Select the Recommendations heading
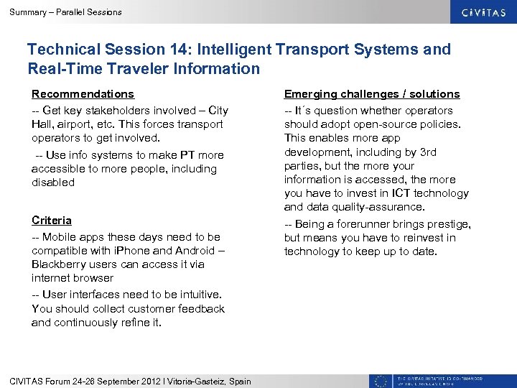click(x=83, y=94)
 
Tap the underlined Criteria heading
click(x=52, y=220)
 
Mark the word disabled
click(x=53, y=183)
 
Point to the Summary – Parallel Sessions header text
click(x=65, y=12)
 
